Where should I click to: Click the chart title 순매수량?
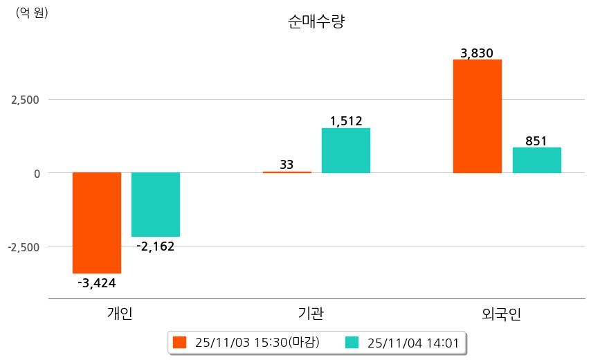(316, 21)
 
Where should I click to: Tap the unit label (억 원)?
(32, 12)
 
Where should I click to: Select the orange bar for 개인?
(97, 222)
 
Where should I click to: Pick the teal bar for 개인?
(156, 204)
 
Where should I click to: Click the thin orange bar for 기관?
(287, 172)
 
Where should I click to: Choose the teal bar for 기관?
(346, 150)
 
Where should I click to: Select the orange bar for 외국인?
(477, 116)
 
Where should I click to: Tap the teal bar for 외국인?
(536, 160)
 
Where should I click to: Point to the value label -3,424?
(97, 282)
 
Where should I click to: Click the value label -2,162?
(156, 246)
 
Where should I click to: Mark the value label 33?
(287, 165)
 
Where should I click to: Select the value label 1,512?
(346, 121)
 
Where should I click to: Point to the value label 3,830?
(477, 53)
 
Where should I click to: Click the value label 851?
(536, 141)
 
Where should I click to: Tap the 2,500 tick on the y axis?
(26, 100)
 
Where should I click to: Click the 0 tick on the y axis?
(36, 173)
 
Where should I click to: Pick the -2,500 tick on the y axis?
(24, 246)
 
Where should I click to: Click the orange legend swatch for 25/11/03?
(180, 342)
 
